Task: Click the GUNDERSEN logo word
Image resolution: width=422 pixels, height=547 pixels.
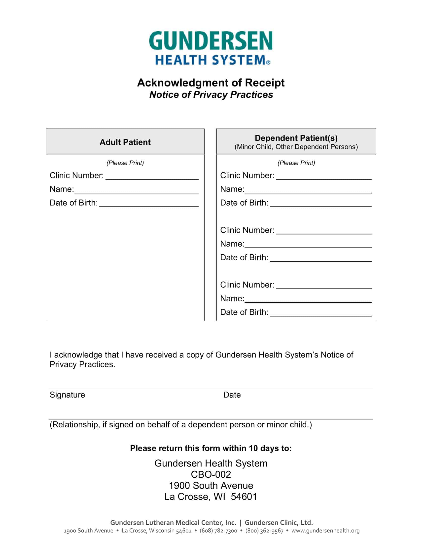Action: pyautogui.click(x=211, y=41)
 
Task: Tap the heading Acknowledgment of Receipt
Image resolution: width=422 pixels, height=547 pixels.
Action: pyautogui.click(x=211, y=83)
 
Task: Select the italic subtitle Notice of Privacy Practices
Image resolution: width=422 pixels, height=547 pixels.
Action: pyautogui.click(x=211, y=95)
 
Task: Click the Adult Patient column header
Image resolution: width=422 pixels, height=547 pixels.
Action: pyautogui.click(x=125, y=142)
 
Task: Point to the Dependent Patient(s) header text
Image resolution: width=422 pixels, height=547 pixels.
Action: pyautogui.click(x=296, y=138)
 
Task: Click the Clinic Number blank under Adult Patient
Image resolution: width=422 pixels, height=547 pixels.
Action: pyautogui.click(x=152, y=176)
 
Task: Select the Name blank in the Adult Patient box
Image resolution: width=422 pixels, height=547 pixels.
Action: pyautogui.click(x=136, y=190)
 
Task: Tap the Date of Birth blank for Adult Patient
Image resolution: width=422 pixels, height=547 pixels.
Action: pyautogui.click(x=149, y=203)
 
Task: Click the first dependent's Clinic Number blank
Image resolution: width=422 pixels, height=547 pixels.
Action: pyautogui.click(x=323, y=176)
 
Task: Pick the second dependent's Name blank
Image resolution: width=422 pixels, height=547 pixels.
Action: pyautogui.click(x=308, y=244)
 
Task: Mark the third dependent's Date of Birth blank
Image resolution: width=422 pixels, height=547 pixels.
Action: pyautogui.click(x=320, y=313)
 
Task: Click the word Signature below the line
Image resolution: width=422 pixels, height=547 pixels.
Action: pyautogui.click(x=67, y=395)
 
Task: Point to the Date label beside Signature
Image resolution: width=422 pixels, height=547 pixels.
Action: pyautogui.click(x=232, y=395)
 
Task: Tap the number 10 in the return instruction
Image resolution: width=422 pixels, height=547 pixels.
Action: pyautogui.click(x=253, y=448)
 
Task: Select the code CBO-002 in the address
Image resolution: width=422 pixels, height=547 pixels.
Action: pyautogui.click(x=211, y=474)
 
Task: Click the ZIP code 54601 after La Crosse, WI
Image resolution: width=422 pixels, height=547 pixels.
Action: pyautogui.click(x=244, y=497)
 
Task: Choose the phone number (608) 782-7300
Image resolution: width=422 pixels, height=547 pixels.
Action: pyautogui.click(x=218, y=531)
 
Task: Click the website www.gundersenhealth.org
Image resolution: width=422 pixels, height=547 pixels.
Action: pyautogui.click(x=325, y=531)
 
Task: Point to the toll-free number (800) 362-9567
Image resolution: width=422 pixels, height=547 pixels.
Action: pyautogui.click(x=264, y=531)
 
